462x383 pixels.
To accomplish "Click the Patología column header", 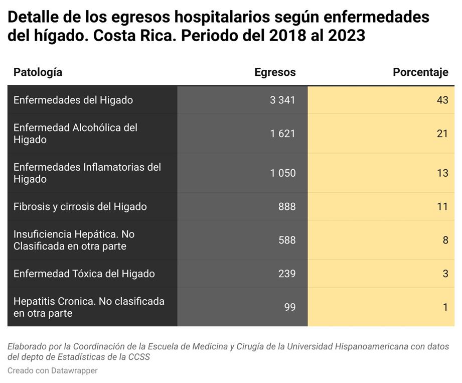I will pos(38,72).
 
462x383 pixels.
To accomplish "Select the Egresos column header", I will pos(275,72).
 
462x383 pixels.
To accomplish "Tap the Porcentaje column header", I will pos(420,72).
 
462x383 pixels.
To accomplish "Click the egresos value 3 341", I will pos(282,100).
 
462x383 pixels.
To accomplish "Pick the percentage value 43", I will pos(442,100).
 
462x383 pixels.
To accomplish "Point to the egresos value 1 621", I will pos(282,134).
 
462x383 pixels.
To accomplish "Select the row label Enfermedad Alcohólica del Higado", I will pos(75,134).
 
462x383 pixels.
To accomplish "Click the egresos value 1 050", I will pos(282,173).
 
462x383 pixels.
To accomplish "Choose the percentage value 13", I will pos(442,173).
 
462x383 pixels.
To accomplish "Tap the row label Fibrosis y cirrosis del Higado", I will pos(80,207).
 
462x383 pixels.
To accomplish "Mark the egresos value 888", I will pos(287,207).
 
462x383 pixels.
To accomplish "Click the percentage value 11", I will pos(442,207).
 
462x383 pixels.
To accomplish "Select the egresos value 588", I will pos(287,240).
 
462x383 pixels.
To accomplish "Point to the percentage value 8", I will pos(445,240).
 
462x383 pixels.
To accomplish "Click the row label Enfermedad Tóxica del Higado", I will pos(84,274).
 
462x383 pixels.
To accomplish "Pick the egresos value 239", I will pos(287,274).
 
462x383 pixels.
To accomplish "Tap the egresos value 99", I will pos(290,307).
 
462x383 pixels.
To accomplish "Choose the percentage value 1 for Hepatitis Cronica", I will pos(445,307).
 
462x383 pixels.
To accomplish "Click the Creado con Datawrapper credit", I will pos(52,370).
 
